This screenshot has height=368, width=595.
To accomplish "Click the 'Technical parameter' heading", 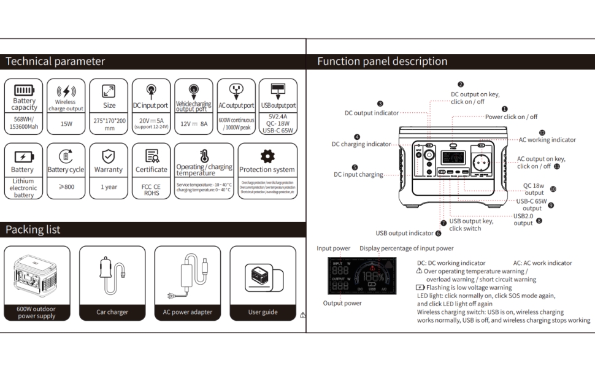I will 55,61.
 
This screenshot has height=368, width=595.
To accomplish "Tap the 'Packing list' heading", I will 33,229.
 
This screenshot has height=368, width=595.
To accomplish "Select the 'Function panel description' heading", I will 382,61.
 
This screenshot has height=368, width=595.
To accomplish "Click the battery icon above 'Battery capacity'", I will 24,90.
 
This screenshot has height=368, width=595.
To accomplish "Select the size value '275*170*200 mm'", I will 109,125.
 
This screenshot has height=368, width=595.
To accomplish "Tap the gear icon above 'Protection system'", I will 267,155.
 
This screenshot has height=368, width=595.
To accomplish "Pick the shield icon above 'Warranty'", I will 108,156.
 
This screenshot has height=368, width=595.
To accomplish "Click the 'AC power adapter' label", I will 187,312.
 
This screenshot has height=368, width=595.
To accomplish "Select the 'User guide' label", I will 263,312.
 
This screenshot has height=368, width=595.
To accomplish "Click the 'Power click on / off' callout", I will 511,117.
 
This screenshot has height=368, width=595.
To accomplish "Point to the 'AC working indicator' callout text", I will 547,140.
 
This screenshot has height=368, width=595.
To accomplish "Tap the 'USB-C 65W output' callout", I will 531,204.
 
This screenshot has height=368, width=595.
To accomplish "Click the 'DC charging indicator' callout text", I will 361,144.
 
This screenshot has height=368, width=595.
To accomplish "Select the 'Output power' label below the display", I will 342,303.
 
